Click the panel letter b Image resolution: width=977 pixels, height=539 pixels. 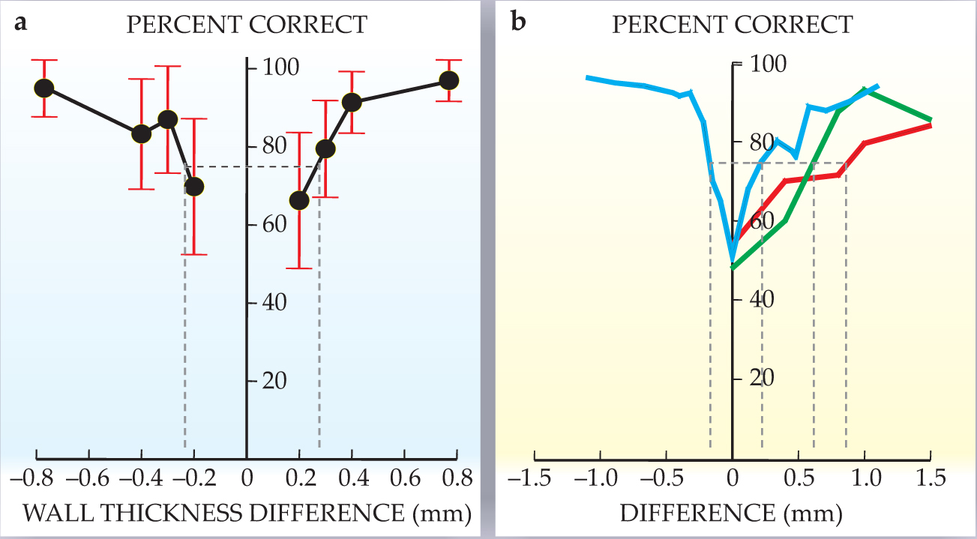coord(518,24)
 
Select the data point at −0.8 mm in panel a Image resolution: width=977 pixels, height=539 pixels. coord(44,88)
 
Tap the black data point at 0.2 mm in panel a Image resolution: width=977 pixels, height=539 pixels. coord(299,200)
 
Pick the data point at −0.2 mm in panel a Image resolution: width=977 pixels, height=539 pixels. coord(194,186)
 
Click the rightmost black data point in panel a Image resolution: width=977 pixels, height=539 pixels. coord(449,80)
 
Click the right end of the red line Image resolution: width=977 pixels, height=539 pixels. coord(931,125)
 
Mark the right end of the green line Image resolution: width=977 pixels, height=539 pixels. coord(931,120)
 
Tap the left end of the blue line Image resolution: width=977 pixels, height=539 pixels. coord(587,77)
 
